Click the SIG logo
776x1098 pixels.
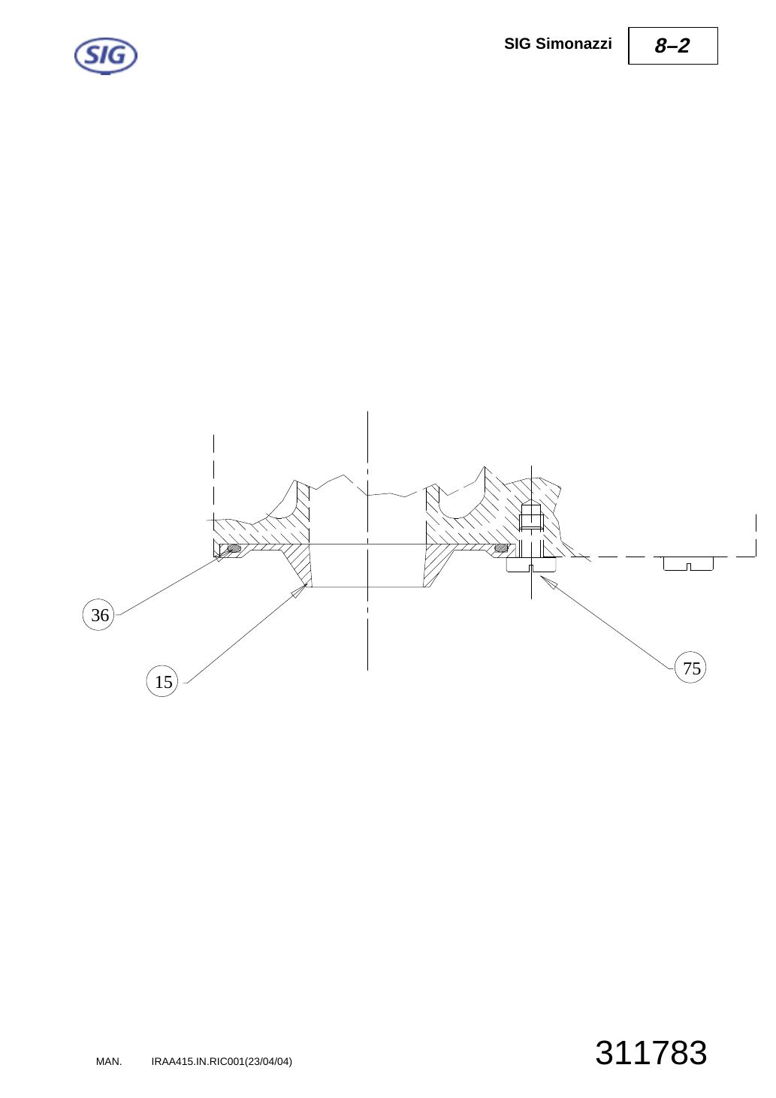(x=106, y=56)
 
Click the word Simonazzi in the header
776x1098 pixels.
(x=573, y=44)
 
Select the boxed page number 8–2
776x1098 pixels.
(x=672, y=46)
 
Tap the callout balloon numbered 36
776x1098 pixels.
(x=98, y=614)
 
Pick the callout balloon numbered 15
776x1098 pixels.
(x=162, y=681)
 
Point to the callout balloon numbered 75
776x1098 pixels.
(x=690, y=668)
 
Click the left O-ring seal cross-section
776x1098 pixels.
(x=234, y=548)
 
